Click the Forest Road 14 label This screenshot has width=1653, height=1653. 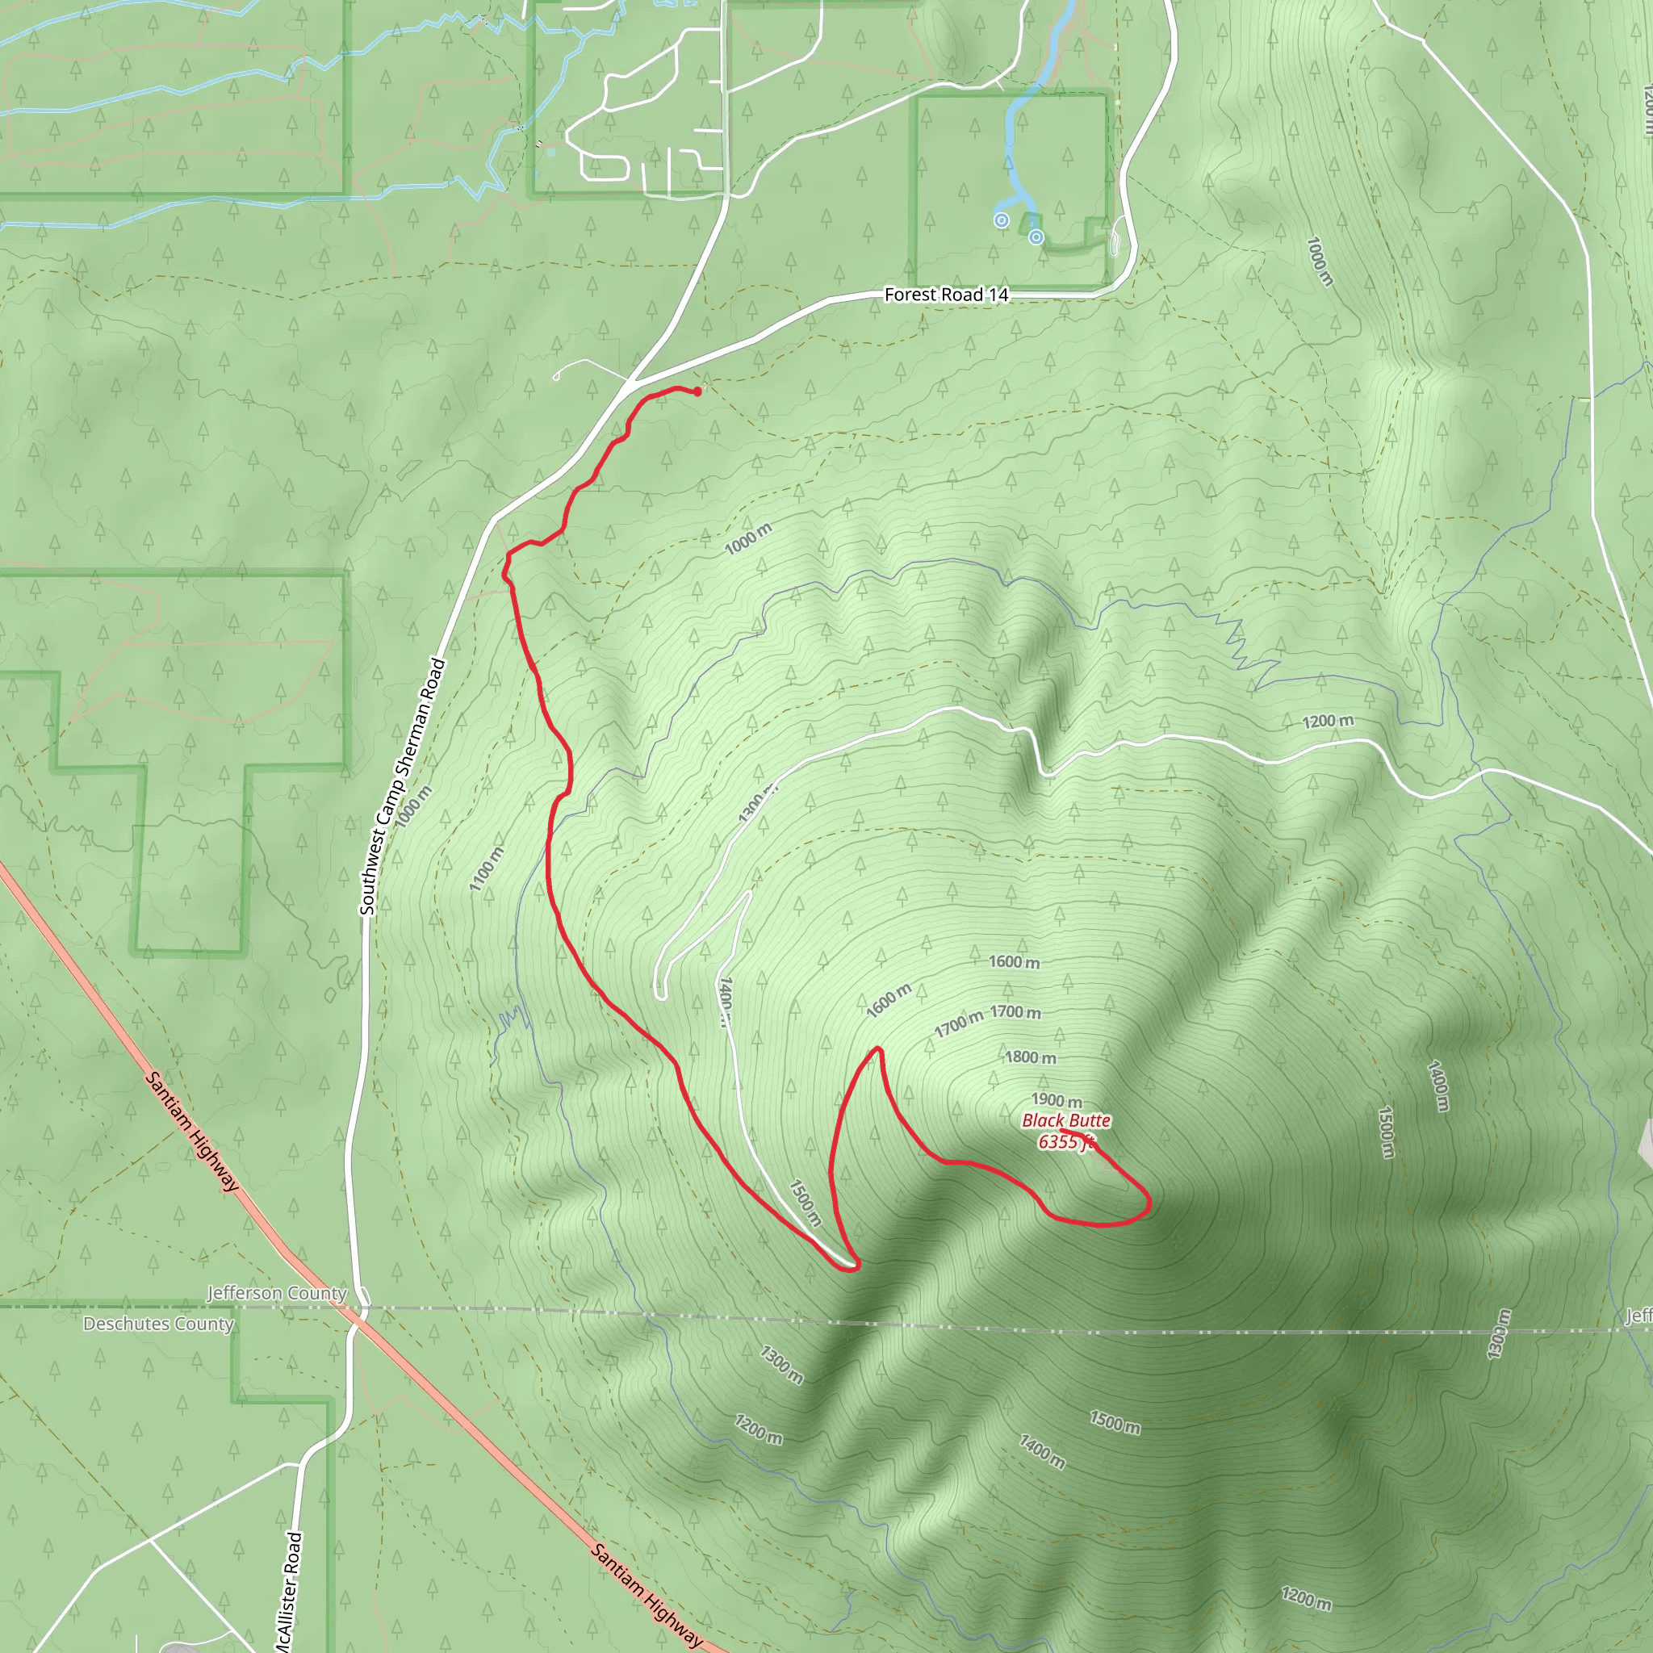(x=945, y=295)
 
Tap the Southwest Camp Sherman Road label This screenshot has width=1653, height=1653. (x=403, y=785)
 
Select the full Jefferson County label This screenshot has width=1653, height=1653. (x=277, y=1293)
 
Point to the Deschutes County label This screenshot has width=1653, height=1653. (x=158, y=1324)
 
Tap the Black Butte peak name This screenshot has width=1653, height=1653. (x=1066, y=1120)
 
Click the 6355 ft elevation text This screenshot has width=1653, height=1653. (x=1065, y=1141)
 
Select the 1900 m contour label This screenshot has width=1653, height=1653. (x=1057, y=1099)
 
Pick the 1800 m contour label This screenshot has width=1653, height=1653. (x=1030, y=1057)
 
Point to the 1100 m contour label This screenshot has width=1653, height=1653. (x=487, y=868)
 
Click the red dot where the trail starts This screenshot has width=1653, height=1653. (x=697, y=391)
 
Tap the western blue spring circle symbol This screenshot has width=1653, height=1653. (x=1001, y=220)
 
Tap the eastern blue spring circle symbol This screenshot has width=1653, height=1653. (x=1036, y=237)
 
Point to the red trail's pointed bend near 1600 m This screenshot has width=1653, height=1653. (x=878, y=1049)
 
